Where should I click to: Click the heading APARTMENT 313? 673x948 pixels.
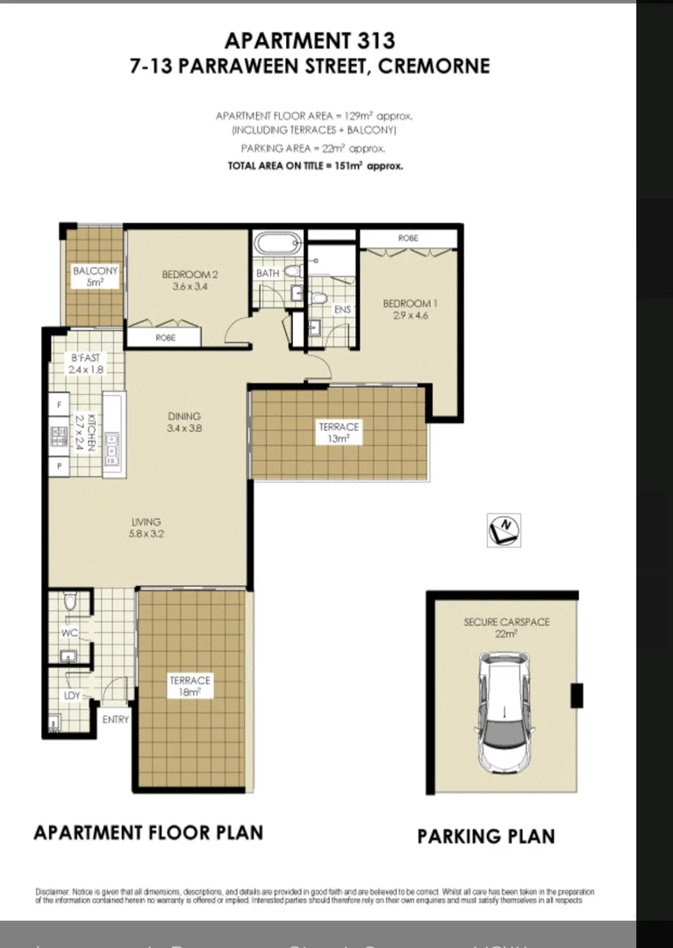[x=310, y=40]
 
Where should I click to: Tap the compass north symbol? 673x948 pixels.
[x=504, y=529]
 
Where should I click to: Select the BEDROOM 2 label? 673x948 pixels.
[x=190, y=280]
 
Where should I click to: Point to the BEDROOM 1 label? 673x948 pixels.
[x=410, y=310]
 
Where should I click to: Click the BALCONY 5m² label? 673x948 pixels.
[x=95, y=276]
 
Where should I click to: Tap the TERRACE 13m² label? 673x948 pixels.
[x=339, y=433]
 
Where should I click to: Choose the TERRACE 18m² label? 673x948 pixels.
[x=190, y=686]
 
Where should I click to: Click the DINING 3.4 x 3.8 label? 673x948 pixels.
[x=184, y=422]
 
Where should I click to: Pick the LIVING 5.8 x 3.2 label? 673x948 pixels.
[x=146, y=528]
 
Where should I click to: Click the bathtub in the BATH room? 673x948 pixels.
[x=276, y=245]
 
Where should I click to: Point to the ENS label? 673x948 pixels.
[x=342, y=309]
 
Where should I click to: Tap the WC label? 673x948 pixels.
[x=70, y=632]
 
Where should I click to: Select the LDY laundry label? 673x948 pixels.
[x=72, y=695]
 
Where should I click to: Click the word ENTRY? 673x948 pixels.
[x=115, y=720]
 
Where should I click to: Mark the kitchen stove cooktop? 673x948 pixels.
[x=60, y=434]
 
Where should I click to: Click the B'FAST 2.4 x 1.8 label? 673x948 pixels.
[x=86, y=363]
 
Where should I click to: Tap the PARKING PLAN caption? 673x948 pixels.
[x=485, y=836]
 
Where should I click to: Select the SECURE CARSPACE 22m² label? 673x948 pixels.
[x=506, y=627]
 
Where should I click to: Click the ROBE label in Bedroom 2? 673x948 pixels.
[x=166, y=337]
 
